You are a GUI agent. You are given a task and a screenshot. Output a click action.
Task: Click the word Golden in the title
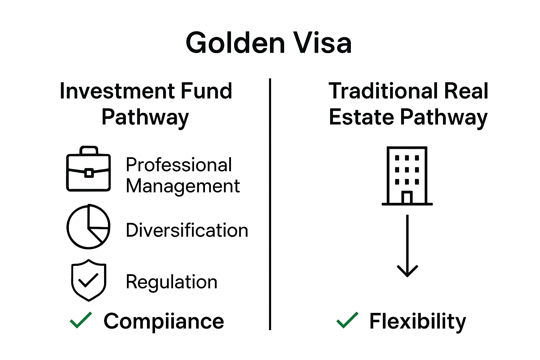click(235, 43)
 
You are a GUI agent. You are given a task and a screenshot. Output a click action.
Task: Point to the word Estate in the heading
click(361, 117)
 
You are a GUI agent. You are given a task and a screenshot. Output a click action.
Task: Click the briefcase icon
click(89, 169)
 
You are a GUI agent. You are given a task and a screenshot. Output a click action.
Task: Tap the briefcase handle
click(89, 150)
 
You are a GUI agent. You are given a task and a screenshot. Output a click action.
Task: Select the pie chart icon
click(89, 227)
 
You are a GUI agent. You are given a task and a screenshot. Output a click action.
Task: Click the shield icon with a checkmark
click(89, 281)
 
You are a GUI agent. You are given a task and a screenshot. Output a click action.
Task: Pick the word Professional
click(179, 165)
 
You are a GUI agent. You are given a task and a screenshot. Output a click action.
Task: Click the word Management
click(183, 186)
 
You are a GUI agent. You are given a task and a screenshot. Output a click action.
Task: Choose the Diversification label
click(187, 230)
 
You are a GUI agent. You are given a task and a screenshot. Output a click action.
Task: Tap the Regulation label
click(172, 282)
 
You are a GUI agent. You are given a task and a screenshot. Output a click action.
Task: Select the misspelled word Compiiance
click(163, 321)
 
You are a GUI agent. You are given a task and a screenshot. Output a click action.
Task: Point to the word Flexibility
click(417, 321)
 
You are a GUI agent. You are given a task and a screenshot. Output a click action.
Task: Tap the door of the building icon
click(407, 198)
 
